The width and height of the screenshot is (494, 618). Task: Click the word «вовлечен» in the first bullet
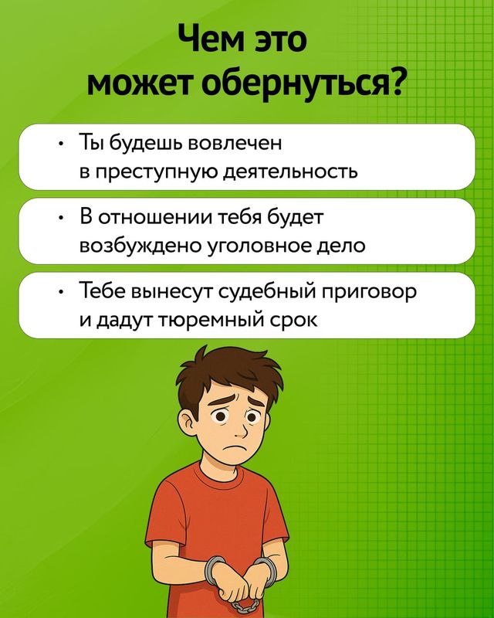point(235,143)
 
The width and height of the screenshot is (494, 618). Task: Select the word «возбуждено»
point(140,246)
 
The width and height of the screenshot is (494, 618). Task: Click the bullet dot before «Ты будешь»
point(59,144)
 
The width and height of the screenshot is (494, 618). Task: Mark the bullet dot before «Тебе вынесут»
point(59,292)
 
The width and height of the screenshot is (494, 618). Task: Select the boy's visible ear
point(187,422)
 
